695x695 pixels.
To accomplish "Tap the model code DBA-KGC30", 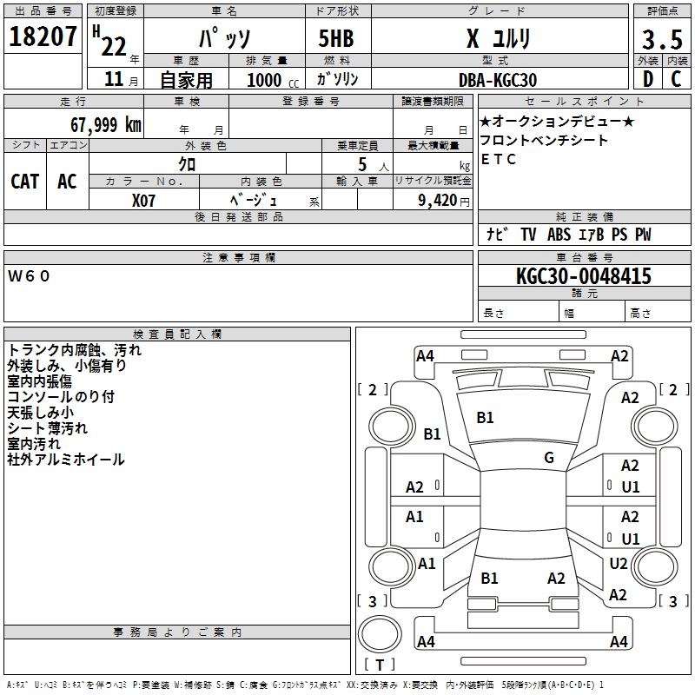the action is [498, 80].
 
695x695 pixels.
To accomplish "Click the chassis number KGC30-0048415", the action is [583, 277].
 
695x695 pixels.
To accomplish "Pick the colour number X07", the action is [143, 200].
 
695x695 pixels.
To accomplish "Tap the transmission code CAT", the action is [24, 181].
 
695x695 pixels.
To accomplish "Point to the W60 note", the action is [30, 276].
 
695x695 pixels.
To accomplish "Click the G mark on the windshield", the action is [549, 458].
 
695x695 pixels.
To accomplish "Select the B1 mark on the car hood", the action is [485, 418].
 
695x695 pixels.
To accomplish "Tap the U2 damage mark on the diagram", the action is [618, 564].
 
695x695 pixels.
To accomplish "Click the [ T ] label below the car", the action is [380, 665].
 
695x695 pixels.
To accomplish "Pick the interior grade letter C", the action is [676, 79].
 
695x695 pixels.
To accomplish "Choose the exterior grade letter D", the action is [647, 79].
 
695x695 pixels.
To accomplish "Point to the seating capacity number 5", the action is [361, 164].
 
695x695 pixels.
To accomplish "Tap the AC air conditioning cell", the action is [67, 181].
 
